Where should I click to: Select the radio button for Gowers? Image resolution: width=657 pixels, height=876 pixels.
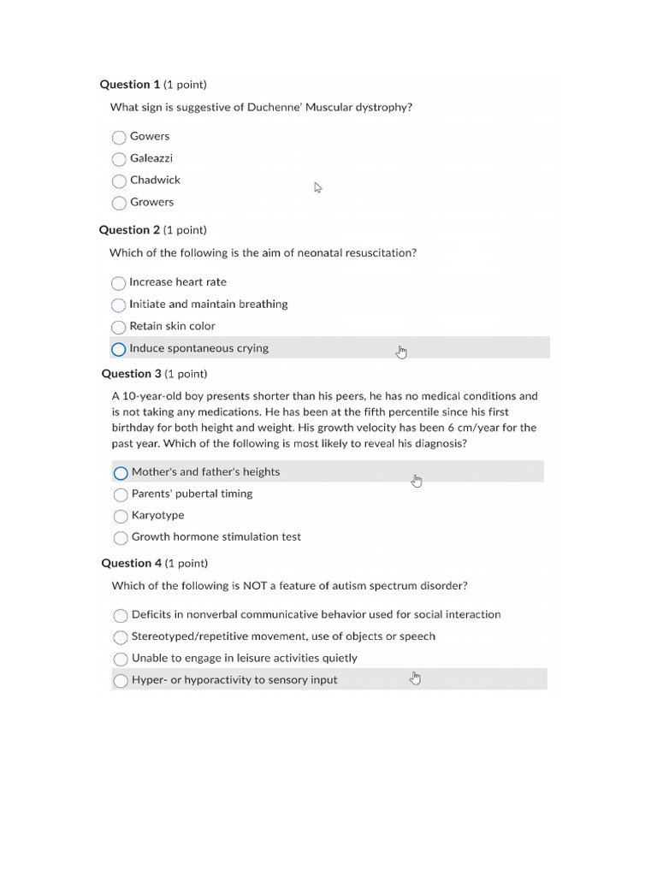(119, 137)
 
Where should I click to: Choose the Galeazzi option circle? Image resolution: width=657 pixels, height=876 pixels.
(119, 159)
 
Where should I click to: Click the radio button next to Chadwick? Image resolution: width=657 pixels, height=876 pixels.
(119, 181)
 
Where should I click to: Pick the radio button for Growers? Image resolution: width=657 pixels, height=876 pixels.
(119, 203)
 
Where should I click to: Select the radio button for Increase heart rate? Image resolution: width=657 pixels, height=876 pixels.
(118, 282)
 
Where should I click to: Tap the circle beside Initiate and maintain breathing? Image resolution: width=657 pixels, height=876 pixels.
(118, 305)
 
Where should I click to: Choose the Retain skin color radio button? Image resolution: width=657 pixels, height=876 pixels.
(118, 327)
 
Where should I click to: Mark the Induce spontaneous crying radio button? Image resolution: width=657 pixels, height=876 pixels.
(118, 349)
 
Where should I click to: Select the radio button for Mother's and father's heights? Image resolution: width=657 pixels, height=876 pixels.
(121, 473)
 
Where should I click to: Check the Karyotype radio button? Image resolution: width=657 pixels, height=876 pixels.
(121, 517)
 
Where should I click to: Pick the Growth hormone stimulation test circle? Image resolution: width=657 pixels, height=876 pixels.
(121, 538)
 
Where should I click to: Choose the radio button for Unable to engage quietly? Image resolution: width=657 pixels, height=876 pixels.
(121, 660)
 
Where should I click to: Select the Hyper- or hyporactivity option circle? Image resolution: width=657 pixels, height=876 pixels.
(121, 681)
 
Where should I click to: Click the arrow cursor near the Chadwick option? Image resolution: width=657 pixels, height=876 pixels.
(317, 186)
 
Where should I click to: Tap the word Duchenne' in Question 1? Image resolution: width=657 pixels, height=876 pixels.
(274, 108)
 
